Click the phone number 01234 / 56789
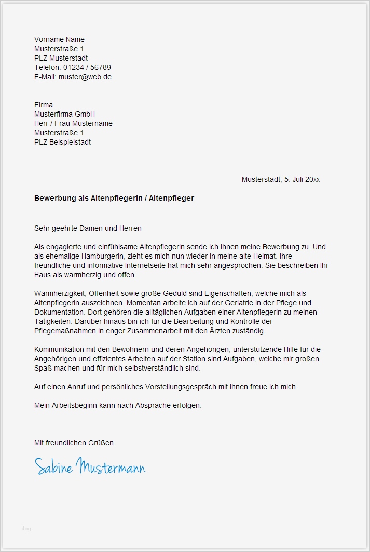[87, 67]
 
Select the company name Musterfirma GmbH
[64, 114]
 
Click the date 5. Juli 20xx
[302, 179]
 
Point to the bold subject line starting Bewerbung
[114, 198]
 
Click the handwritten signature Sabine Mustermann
[90, 466]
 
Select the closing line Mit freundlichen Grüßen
[74, 443]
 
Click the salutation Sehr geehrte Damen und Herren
[88, 228]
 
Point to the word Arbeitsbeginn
[75, 405]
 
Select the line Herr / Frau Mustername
[73, 123]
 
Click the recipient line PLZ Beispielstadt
[62, 142]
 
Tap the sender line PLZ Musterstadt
[61, 58]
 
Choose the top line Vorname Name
[59, 39]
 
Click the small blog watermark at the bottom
[25, 529]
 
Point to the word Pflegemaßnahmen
[66, 331]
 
